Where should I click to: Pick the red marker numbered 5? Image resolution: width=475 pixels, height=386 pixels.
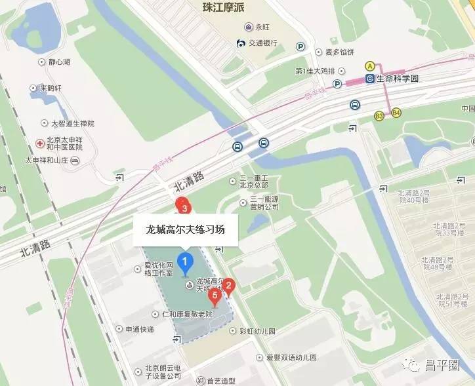[x=214, y=296]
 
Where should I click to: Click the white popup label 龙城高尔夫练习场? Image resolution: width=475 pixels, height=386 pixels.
[x=185, y=230]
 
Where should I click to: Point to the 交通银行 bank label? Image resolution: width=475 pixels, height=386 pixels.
[x=262, y=43]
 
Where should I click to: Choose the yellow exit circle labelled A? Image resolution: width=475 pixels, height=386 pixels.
[x=370, y=66]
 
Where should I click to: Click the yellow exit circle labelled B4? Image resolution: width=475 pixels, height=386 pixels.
[x=396, y=113]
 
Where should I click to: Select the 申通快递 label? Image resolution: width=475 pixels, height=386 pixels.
[x=140, y=330]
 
